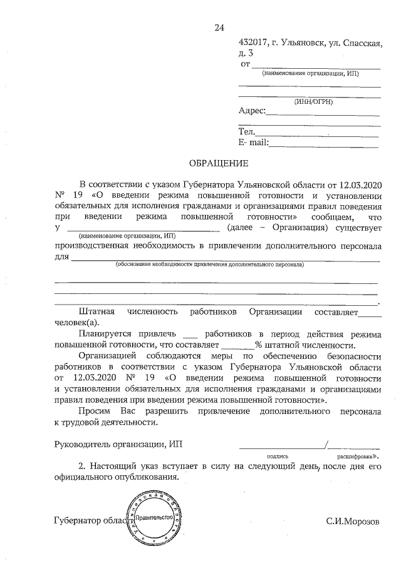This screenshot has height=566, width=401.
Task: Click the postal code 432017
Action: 254,42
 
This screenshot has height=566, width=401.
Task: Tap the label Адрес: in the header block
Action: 253,111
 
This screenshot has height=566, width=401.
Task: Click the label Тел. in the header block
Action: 246,132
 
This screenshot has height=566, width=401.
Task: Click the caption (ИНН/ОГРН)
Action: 313,101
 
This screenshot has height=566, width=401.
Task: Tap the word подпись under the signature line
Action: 277,457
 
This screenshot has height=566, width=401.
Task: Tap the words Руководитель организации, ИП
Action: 120,445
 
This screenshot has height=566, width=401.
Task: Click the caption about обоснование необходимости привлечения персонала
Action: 209,265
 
